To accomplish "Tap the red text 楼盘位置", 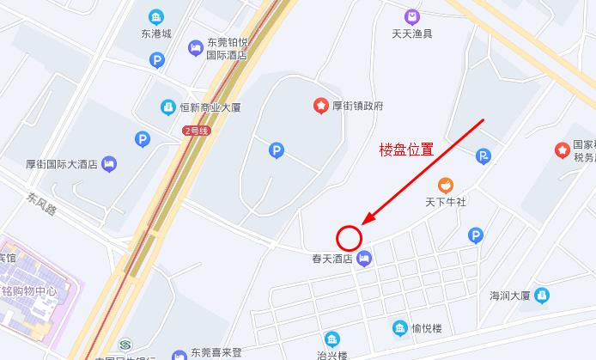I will click(406, 149).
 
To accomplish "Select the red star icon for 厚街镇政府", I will click(320, 106).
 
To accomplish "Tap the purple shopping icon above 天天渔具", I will click(411, 16).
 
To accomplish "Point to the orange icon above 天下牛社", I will click(445, 185).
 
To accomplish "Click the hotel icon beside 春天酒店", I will click(365, 258).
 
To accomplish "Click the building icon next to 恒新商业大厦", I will click(168, 107).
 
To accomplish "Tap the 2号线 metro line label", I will click(195, 131).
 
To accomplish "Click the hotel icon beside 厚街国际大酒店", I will click(109, 163).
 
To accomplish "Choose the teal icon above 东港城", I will click(155, 16).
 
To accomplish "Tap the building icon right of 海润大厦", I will click(542, 296).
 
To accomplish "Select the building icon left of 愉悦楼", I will click(399, 327).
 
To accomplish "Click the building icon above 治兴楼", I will click(331, 339).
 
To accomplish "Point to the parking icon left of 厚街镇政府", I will click(277, 150).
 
